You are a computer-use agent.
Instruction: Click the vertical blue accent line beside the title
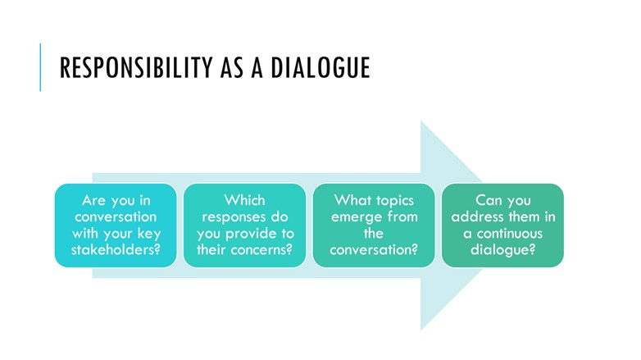click(x=40, y=67)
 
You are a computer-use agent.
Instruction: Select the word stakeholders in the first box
click(x=115, y=249)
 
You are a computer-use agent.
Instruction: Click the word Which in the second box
click(x=244, y=200)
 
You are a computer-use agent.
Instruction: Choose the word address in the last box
click(x=480, y=216)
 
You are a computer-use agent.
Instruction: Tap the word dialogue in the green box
click(x=502, y=249)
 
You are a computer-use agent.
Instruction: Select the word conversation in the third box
click(x=374, y=249)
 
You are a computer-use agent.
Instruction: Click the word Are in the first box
click(x=96, y=200)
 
